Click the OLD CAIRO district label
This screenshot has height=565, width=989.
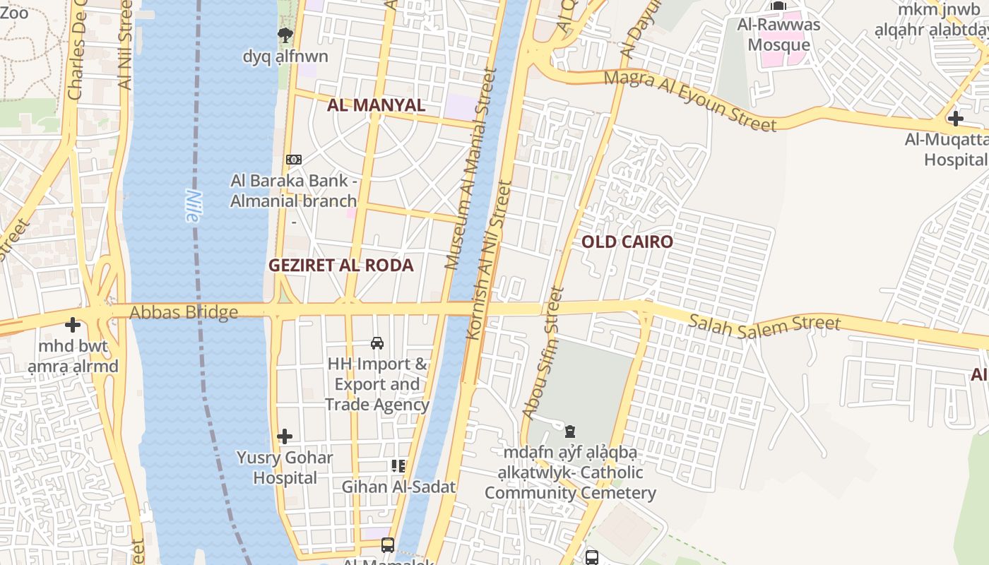click(627, 242)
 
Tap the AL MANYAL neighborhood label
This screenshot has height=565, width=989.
click(376, 105)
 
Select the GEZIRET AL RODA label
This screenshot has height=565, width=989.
click(340, 266)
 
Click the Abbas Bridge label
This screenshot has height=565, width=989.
click(184, 312)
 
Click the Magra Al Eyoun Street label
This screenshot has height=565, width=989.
click(690, 101)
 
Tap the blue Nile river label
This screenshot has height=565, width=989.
click(192, 206)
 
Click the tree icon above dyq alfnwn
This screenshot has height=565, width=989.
click(285, 35)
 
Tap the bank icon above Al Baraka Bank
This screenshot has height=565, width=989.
click(293, 160)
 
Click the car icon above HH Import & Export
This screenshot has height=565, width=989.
click(377, 343)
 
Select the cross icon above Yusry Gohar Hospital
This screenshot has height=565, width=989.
click(285, 436)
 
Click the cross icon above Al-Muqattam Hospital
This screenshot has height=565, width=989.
click(956, 118)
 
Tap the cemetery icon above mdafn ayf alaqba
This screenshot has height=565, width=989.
click(570, 431)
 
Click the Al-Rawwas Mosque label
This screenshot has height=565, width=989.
click(778, 35)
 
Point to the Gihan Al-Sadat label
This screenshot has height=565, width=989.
click(398, 487)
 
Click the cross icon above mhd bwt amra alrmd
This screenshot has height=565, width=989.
click(73, 325)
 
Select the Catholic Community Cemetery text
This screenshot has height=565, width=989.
click(570, 483)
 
